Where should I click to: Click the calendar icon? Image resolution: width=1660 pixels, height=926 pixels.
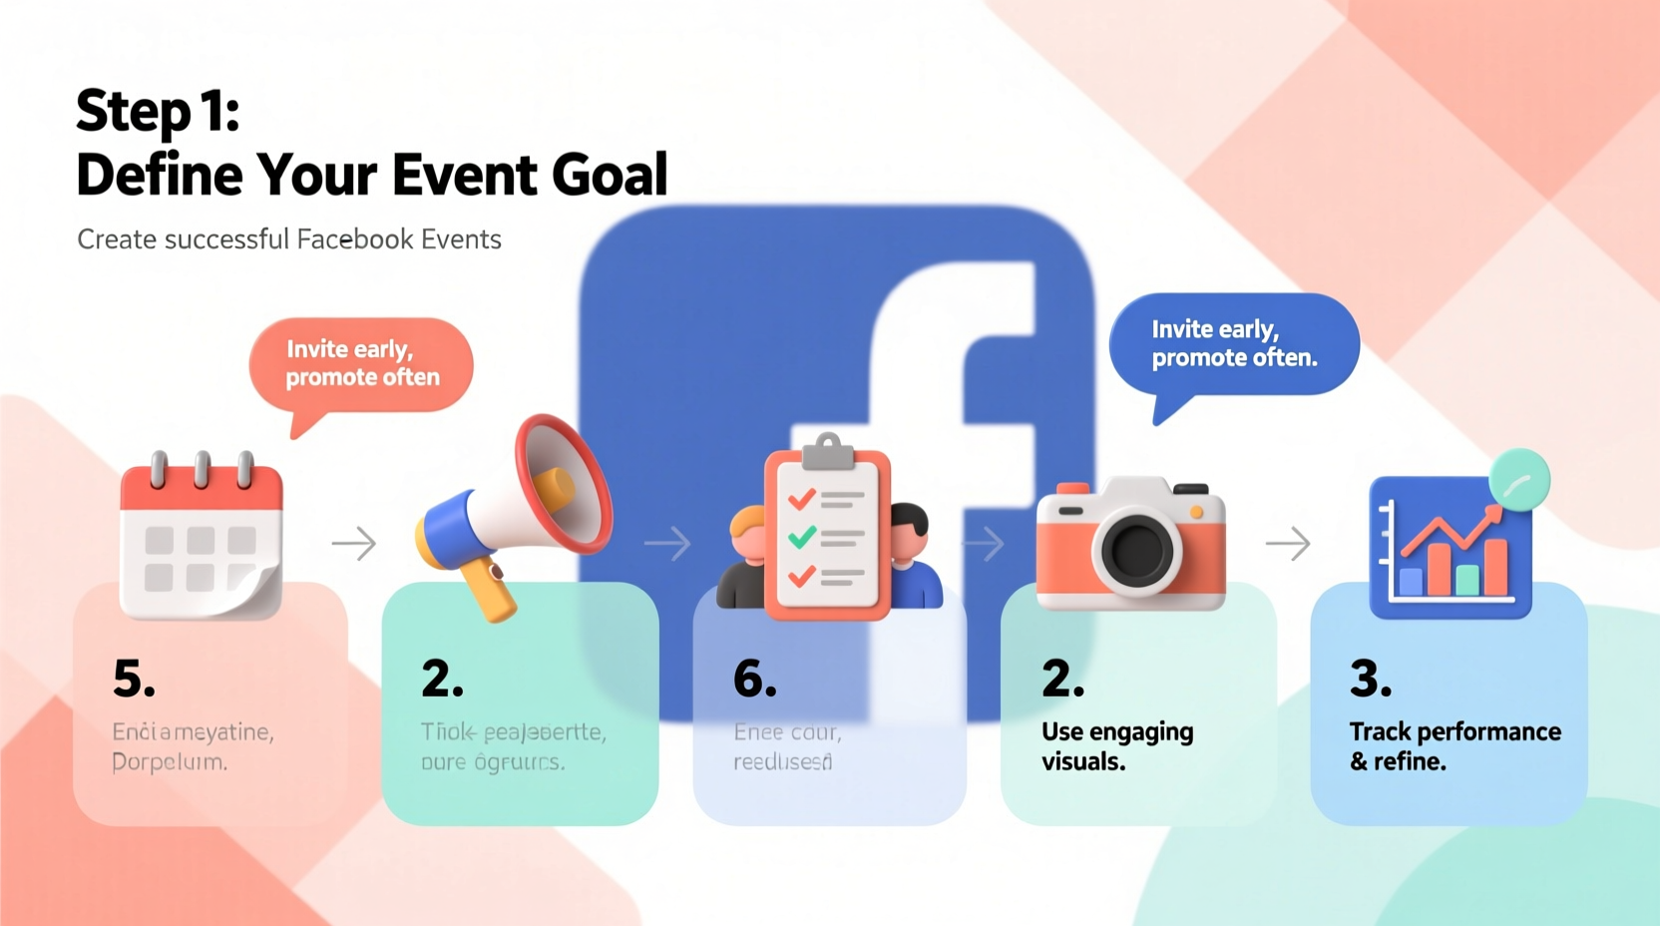[x=202, y=539]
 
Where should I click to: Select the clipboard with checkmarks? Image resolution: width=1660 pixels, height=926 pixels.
[x=827, y=534]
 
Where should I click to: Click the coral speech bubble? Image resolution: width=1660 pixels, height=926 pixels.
[x=361, y=364]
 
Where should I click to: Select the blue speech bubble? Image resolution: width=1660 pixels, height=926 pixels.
[x=1234, y=344]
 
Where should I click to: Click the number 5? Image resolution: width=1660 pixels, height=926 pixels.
[x=134, y=680]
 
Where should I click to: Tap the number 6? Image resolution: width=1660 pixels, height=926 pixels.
[x=754, y=680]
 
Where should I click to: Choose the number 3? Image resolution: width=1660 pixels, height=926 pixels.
[x=1370, y=680]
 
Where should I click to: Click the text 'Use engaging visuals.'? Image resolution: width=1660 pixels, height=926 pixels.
[x=1116, y=746]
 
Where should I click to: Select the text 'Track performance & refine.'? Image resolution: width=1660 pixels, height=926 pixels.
[x=1454, y=746]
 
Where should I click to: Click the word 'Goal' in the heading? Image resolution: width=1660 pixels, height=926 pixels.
[x=610, y=176]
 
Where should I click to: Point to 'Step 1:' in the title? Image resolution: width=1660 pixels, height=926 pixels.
[x=158, y=110]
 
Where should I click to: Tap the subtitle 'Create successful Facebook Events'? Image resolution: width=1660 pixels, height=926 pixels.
[x=289, y=239]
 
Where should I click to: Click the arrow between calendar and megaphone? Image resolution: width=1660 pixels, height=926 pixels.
[x=354, y=544]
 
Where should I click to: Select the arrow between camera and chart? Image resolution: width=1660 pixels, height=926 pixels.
[x=1288, y=544]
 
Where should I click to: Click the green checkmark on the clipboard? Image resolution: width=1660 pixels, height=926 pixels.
[x=801, y=538]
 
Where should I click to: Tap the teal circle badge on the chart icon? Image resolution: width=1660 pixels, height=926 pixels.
[x=1518, y=481]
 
